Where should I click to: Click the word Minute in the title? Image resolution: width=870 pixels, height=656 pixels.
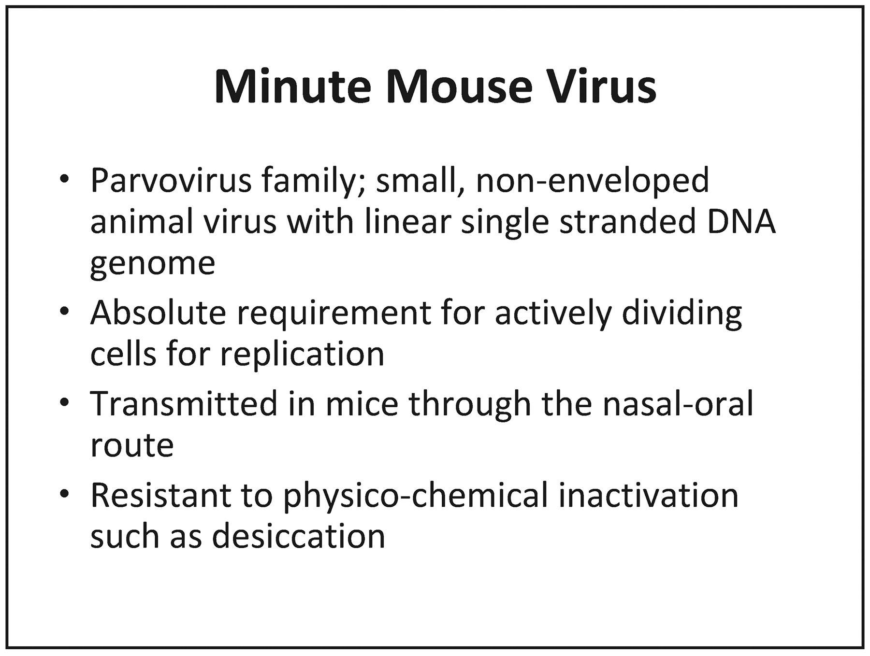click(292, 86)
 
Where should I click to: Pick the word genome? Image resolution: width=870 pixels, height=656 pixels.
click(153, 265)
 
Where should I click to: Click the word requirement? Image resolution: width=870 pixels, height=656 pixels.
click(333, 314)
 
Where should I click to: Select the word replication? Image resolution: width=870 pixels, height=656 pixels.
click(302, 355)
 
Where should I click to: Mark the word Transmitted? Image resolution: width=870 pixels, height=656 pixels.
click(184, 403)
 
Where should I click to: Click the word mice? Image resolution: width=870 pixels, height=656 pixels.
click(362, 403)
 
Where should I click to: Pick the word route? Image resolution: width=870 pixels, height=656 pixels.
click(132, 445)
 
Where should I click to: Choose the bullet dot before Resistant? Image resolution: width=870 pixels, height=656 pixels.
click(64, 495)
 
